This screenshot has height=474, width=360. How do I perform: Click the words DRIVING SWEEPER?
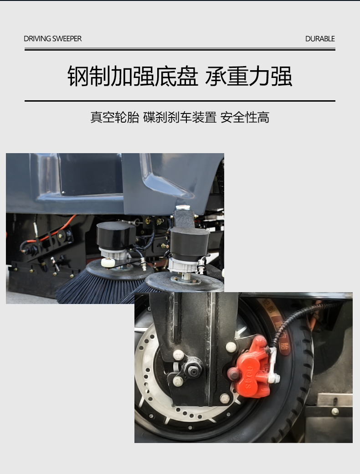(52, 39)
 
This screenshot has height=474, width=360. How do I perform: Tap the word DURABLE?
(320, 39)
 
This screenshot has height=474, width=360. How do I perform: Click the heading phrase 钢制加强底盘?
(133, 76)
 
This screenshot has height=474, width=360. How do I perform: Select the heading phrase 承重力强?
(249, 76)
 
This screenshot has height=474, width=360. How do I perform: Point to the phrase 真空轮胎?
(115, 117)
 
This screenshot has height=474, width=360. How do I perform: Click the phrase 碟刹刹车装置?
(180, 117)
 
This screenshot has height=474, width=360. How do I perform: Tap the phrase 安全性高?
(245, 117)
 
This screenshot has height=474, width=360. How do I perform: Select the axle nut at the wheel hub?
(192, 371)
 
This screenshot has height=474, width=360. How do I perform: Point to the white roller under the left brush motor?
(108, 263)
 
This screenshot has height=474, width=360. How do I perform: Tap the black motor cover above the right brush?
(189, 243)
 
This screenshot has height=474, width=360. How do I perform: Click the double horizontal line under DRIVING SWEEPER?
(180, 49)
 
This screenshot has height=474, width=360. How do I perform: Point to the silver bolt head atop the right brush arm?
(183, 208)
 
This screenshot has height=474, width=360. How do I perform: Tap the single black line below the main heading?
(180, 101)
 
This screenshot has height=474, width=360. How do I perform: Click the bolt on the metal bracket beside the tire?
(335, 412)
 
